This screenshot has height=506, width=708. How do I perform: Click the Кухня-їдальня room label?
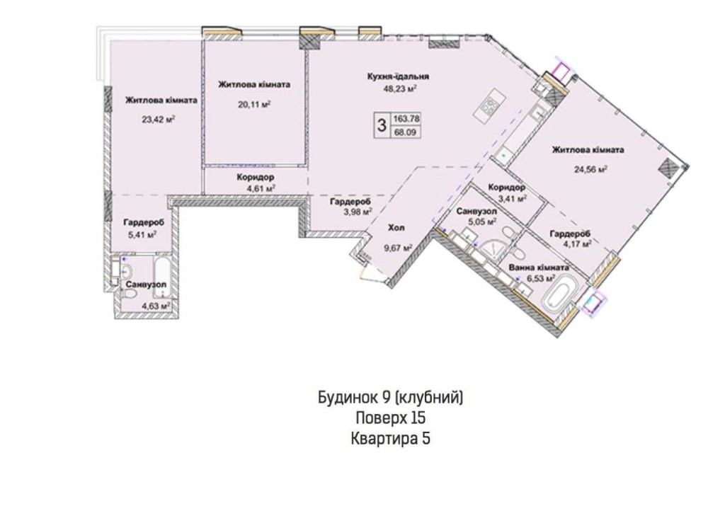tap(398, 76)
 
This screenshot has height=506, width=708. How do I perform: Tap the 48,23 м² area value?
tap(399, 89)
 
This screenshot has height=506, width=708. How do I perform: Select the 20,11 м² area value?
tap(254, 105)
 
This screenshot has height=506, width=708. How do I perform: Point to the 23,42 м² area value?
tap(159, 119)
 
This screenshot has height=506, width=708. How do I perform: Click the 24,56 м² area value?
tap(590, 169)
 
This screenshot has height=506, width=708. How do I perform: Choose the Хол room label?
tap(396, 227)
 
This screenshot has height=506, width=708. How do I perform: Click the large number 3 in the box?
tap(382, 125)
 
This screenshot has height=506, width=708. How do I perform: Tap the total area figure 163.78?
tap(406, 119)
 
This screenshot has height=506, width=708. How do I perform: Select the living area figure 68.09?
tap(406, 132)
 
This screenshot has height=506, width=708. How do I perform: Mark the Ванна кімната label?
tap(538, 268)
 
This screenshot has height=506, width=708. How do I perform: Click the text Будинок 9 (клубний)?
tap(391, 398)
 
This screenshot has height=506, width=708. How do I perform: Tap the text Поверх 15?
tap(391, 418)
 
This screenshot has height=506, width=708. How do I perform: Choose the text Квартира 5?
tap(391, 438)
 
